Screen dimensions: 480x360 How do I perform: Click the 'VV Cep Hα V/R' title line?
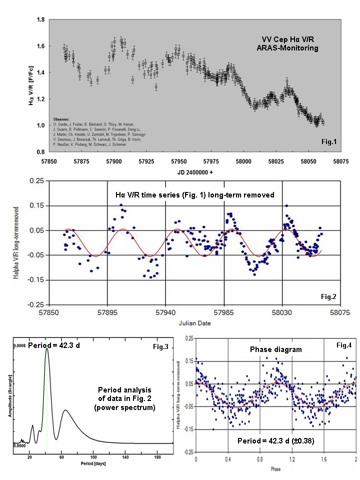pyautogui.click(x=290, y=39)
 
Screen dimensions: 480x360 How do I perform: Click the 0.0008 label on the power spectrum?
pyautogui.click(x=18, y=345)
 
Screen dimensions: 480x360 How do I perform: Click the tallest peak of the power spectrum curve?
pyautogui.click(x=47, y=349)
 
